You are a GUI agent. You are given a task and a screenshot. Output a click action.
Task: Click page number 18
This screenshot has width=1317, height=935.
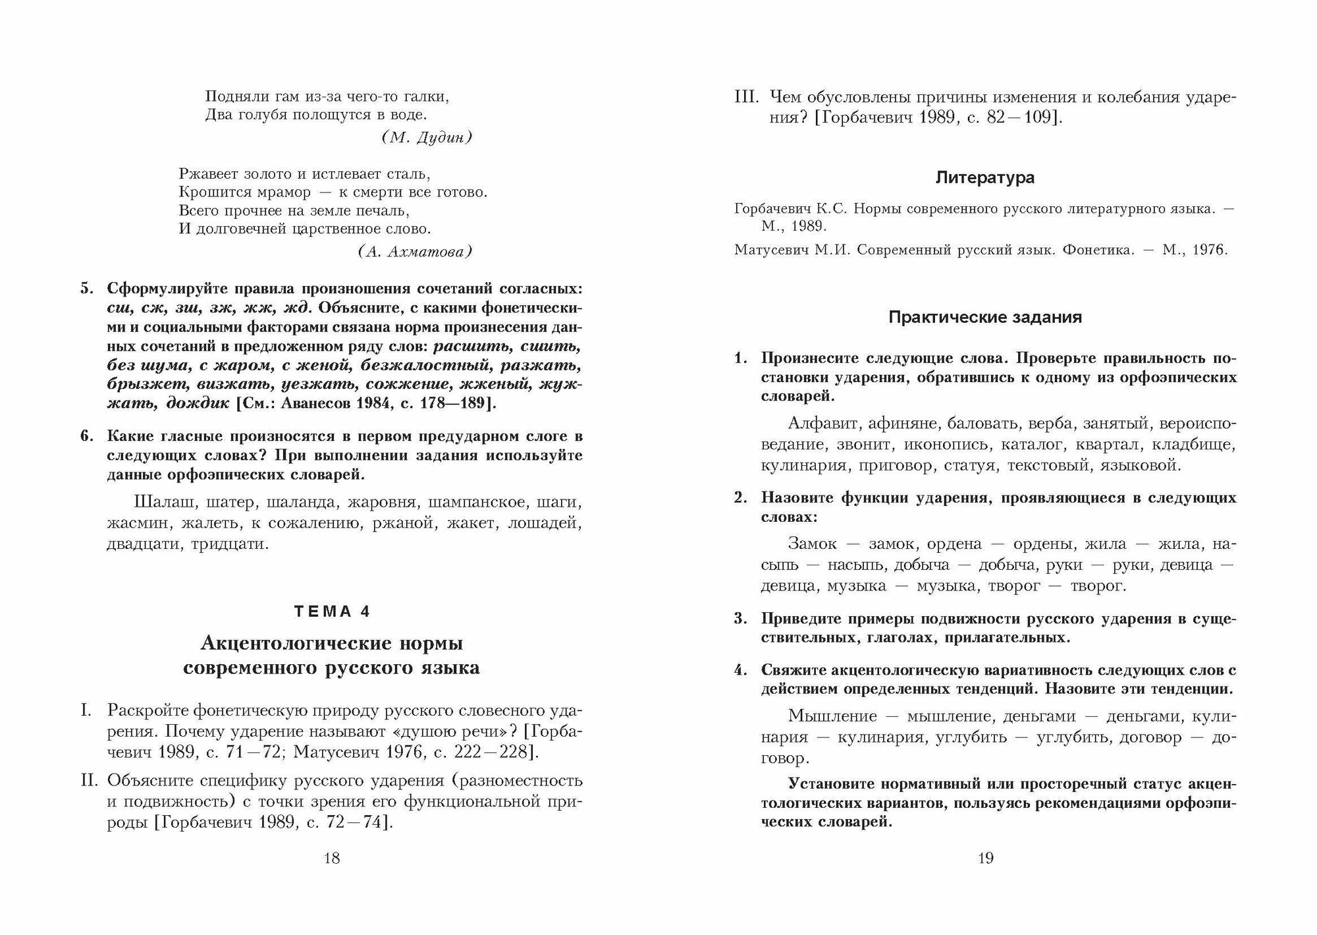coord(332,858)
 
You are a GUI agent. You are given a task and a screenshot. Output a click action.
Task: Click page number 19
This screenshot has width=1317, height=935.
coord(985,858)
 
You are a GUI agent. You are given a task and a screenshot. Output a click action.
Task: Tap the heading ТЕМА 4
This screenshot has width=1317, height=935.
coord(332,611)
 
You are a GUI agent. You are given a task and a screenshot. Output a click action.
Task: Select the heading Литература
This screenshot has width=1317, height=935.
coord(985,178)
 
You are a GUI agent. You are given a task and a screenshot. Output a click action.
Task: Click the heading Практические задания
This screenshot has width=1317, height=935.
coord(985,318)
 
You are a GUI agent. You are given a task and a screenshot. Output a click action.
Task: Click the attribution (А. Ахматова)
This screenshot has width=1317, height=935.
coord(416,252)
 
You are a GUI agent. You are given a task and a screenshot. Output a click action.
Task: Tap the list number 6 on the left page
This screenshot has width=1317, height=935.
coord(85,436)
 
